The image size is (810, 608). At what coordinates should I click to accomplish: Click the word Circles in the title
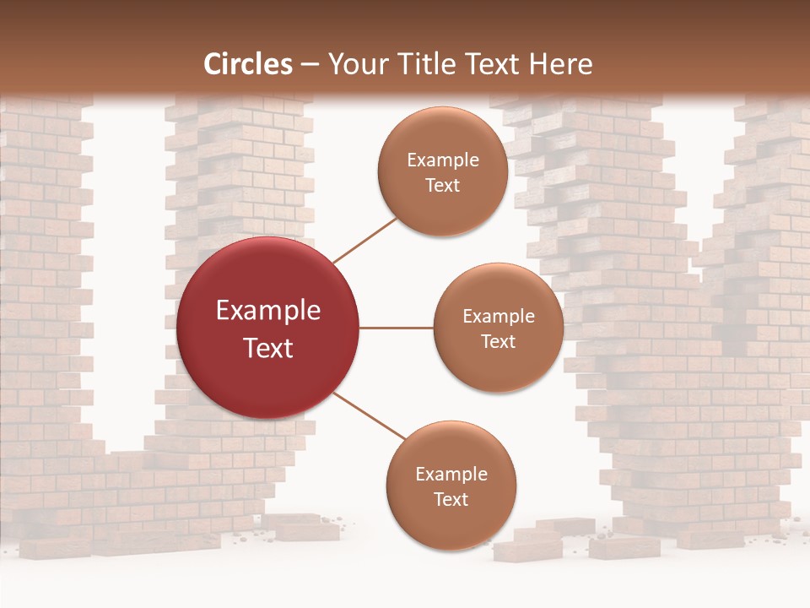(248, 64)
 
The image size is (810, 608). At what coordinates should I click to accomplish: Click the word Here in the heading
(560, 64)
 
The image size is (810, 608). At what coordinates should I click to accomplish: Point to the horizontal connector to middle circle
(397, 328)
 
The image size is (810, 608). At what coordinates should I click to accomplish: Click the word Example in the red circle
(268, 311)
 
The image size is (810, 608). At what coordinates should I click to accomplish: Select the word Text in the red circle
(268, 348)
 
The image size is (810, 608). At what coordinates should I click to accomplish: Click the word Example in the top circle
(442, 160)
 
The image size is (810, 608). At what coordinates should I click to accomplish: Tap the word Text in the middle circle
(498, 341)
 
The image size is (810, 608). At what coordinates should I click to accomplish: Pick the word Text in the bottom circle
(451, 499)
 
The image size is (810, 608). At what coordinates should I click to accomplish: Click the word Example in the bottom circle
(451, 475)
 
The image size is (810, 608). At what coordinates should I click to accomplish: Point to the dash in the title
(310, 64)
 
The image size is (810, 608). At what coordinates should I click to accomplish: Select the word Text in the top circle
(442, 185)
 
